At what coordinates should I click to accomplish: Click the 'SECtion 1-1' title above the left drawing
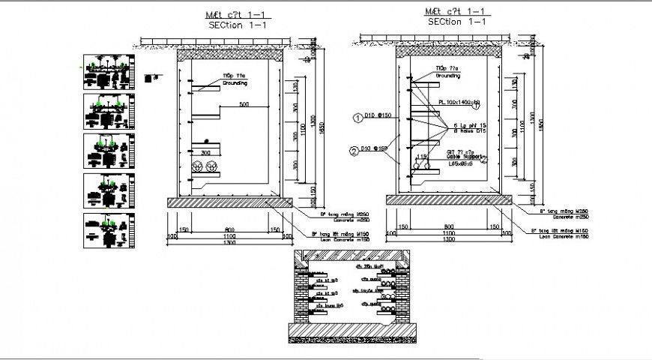click(237, 25)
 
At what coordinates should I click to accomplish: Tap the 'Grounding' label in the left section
click(235, 84)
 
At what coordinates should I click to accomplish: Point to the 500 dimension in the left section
click(244, 104)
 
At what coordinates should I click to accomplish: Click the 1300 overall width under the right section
click(447, 240)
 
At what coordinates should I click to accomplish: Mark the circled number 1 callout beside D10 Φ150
click(358, 117)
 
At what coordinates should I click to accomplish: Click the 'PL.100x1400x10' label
click(459, 102)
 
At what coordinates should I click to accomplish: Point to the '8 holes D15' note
click(469, 131)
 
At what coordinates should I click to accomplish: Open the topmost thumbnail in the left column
click(106, 70)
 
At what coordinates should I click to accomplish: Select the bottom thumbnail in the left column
click(106, 230)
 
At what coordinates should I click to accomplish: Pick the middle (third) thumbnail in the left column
click(106, 151)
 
